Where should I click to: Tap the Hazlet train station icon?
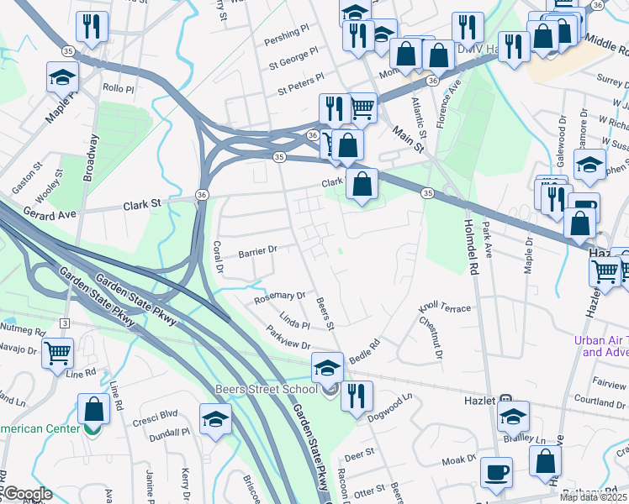click(x=506, y=401)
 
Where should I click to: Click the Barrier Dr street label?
click(x=257, y=250)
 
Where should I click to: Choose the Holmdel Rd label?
click(x=471, y=244)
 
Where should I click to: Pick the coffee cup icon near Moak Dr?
click(x=496, y=470)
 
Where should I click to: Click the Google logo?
click(x=27, y=494)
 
